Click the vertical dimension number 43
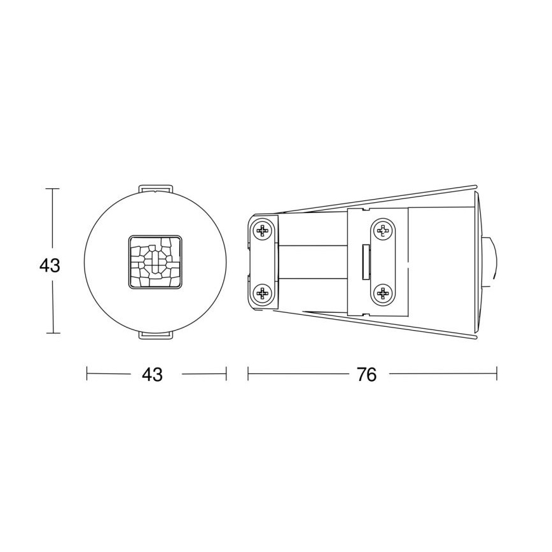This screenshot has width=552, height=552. (50, 266)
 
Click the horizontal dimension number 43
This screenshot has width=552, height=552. (152, 375)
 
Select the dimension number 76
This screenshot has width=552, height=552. (366, 375)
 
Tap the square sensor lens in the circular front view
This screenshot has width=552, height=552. (155, 261)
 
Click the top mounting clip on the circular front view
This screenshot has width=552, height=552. (155, 188)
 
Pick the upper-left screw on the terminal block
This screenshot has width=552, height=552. (262, 230)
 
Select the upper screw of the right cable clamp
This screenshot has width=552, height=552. (382, 230)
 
